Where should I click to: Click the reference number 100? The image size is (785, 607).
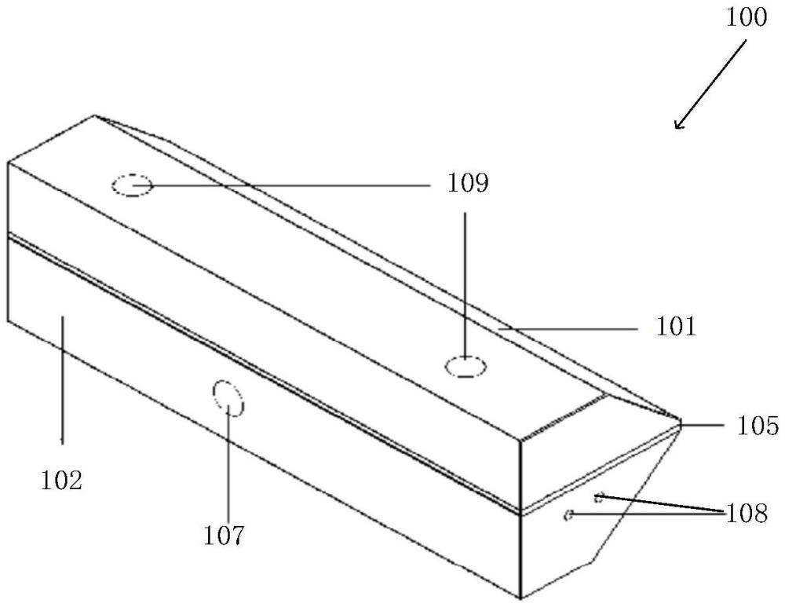[747, 16]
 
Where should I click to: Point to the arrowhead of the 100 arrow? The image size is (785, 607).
[677, 126]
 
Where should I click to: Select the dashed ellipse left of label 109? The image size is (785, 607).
[131, 186]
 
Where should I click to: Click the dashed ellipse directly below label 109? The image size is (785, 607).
[466, 366]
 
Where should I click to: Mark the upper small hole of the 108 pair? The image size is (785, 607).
[599, 496]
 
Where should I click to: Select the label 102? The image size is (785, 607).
[62, 479]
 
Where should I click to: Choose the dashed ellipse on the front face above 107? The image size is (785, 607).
[228, 397]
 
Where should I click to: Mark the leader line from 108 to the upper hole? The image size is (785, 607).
[659, 503]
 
